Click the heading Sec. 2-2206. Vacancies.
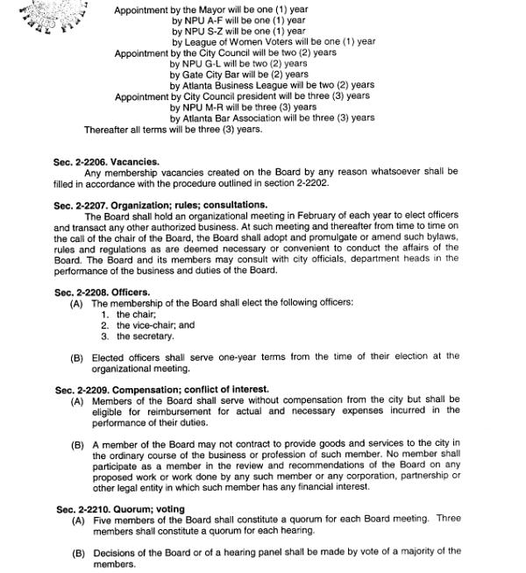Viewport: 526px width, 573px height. (106, 162)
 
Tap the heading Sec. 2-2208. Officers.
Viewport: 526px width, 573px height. (102, 292)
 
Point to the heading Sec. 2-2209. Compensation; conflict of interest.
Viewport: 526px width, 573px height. (162, 389)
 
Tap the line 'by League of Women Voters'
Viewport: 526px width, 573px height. (273, 41)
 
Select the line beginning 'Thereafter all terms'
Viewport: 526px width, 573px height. (173, 130)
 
